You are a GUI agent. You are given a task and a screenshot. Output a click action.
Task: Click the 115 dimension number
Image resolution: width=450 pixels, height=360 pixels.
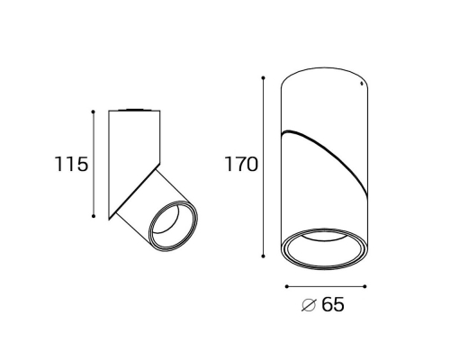pyautogui.click(x=71, y=164)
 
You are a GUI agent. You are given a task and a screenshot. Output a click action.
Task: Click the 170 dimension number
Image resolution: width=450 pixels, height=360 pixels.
pyautogui.click(x=241, y=165)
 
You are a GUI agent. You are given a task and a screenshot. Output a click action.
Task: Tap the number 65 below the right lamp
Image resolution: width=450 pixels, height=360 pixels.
pyautogui.click(x=333, y=305)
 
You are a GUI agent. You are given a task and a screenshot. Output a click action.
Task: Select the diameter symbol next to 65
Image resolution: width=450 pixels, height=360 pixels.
pyautogui.click(x=309, y=305)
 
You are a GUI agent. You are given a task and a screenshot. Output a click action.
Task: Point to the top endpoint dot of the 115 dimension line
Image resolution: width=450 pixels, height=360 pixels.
pyautogui.click(x=94, y=112)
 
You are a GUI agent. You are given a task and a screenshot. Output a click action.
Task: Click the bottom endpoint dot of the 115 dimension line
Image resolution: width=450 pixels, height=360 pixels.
pyautogui.click(x=94, y=216)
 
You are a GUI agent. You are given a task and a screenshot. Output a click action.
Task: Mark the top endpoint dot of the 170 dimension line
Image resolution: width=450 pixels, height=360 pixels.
pyautogui.click(x=263, y=78)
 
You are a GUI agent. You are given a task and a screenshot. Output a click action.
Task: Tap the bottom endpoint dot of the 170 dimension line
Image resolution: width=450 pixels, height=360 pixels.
pyautogui.click(x=263, y=256)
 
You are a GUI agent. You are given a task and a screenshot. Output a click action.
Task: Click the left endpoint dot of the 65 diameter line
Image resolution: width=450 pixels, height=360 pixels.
pyautogui.click(x=287, y=286)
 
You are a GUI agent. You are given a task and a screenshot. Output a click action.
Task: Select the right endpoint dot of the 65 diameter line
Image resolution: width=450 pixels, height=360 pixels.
pyautogui.click(x=364, y=286)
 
